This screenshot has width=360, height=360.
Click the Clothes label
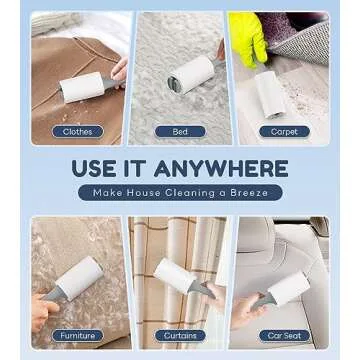(76, 131)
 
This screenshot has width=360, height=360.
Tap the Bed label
(179, 131)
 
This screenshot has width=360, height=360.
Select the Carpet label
(283, 131)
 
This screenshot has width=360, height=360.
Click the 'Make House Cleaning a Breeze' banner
(180, 192)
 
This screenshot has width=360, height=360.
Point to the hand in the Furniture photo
(38, 312)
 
